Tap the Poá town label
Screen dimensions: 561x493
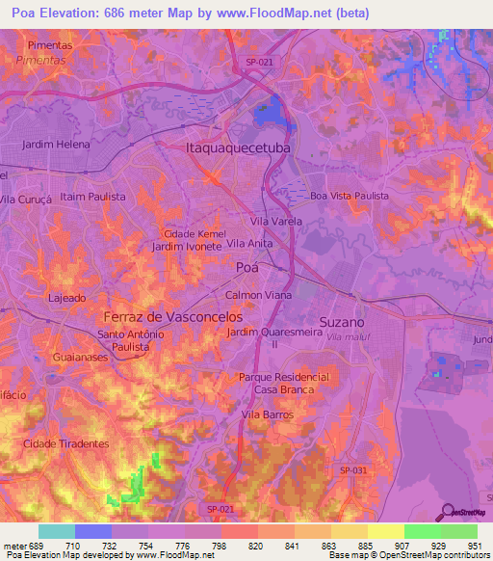(246, 267)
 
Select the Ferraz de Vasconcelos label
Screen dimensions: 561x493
(173, 316)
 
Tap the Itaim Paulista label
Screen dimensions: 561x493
(93, 196)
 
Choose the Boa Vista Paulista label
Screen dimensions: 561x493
(350, 196)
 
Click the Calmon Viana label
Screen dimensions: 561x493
(252, 295)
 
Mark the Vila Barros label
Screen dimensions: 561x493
(267, 414)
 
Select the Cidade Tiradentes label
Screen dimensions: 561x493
(66, 444)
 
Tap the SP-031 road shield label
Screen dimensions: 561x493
(353, 469)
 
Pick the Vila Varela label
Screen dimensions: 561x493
(276, 222)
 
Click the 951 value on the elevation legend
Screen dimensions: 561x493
(473, 545)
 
